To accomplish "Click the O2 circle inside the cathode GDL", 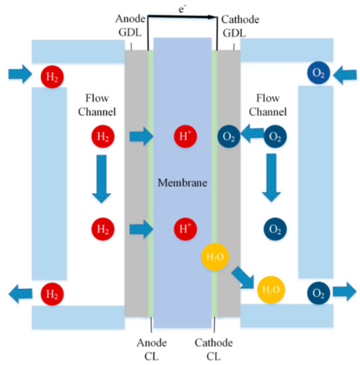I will [229, 137].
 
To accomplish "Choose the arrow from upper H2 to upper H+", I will [141, 137].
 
